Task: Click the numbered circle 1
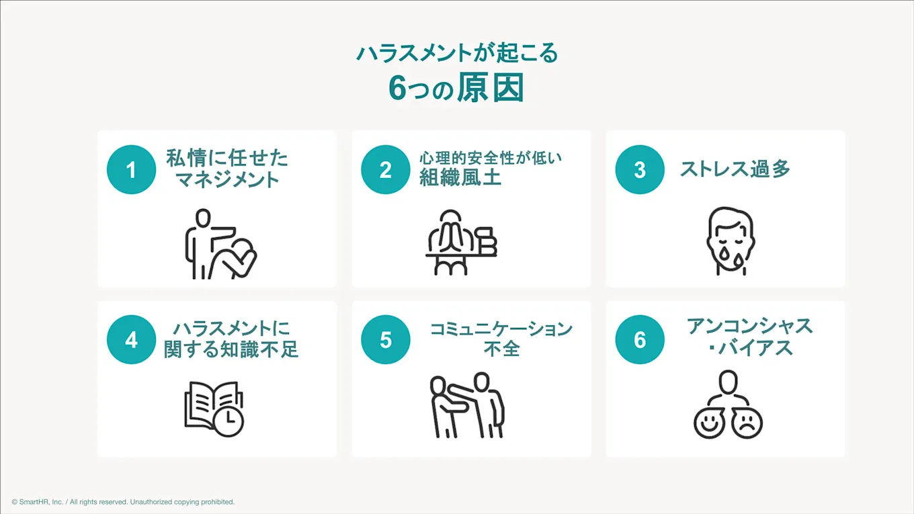[x=131, y=170]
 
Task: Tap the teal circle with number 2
[x=385, y=170]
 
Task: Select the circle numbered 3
[x=639, y=170]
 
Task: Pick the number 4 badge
[x=131, y=340]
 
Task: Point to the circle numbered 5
[x=385, y=340]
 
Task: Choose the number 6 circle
[x=639, y=340]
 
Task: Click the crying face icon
[x=730, y=241]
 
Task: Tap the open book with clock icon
[x=214, y=409]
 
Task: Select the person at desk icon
[x=461, y=242]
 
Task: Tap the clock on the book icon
[x=229, y=421]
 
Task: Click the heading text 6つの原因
[x=456, y=88]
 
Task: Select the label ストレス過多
[x=734, y=169]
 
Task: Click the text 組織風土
[x=460, y=177]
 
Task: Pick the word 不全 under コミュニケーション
[x=501, y=349]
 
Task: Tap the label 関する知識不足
[x=231, y=349]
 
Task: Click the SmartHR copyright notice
[x=123, y=502]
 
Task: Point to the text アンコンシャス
[x=749, y=327]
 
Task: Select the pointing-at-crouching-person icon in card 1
[x=220, y=245]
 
